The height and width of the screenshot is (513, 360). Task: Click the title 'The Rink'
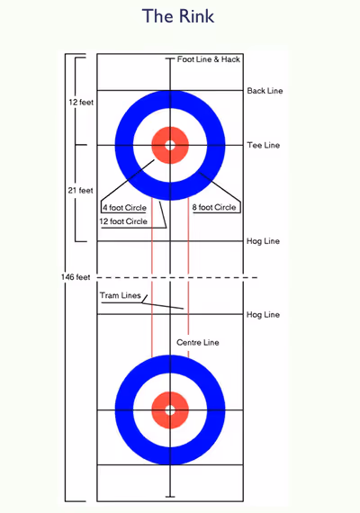point(178,16)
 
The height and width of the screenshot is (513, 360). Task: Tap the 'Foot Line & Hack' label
point(209,59)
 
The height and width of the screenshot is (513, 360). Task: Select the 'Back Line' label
point(265,91)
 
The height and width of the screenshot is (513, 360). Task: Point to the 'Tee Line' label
point(264,145)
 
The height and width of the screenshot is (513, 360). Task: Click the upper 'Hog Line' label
point(263,241)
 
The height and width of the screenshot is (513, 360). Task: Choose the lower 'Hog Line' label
point(263,315)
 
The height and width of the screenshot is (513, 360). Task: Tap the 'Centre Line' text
point(198,343)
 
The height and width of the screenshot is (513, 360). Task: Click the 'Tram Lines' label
point(120,295)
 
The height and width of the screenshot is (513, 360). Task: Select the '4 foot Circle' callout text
point(124,208)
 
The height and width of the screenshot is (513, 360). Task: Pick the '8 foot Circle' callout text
point(214,207)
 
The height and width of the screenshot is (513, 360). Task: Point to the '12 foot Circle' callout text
point(123,221)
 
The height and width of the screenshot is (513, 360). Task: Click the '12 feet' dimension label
point(81,103)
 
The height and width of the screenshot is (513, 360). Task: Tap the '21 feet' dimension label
point(80,191)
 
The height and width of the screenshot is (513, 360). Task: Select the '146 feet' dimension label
point(76,277)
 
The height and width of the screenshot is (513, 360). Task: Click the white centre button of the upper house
point(170,145)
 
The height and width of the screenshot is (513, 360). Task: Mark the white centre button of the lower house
point(170,409)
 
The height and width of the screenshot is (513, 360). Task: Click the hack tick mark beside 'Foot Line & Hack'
point(170,58)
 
